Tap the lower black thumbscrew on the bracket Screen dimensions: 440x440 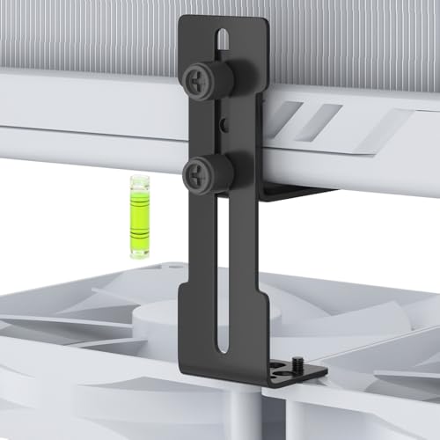202,172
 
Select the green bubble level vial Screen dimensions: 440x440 137,216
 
